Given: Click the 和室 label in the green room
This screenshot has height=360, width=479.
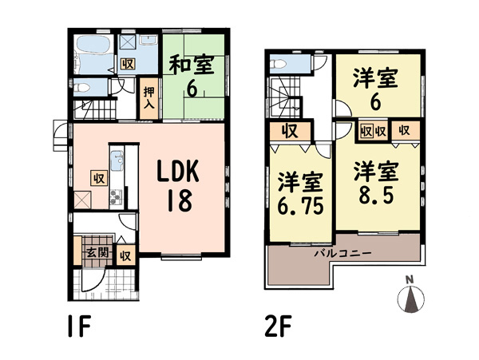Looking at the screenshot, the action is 192,65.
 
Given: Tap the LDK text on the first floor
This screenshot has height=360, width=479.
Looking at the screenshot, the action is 178,172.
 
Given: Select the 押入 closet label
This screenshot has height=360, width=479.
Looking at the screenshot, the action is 149,98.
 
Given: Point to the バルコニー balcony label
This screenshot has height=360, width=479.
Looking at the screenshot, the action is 343,253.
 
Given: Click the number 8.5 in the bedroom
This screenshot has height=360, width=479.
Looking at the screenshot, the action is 376,195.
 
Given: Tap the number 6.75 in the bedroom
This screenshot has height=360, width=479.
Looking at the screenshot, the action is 300,206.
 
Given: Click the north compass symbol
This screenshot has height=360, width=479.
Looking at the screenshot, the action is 411,295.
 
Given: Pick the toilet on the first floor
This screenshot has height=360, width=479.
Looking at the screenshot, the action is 81,87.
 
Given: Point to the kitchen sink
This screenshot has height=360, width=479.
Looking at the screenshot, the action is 117,160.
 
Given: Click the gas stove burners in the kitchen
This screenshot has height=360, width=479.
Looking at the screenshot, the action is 117,197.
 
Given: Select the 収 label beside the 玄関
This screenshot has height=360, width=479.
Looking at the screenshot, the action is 125,256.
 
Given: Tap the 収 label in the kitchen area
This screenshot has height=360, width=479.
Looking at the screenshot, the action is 99,178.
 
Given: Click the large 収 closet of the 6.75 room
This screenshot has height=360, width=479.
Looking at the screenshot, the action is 290,131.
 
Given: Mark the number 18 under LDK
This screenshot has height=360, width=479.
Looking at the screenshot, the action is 180,200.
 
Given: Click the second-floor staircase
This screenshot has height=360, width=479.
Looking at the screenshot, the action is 284,97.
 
